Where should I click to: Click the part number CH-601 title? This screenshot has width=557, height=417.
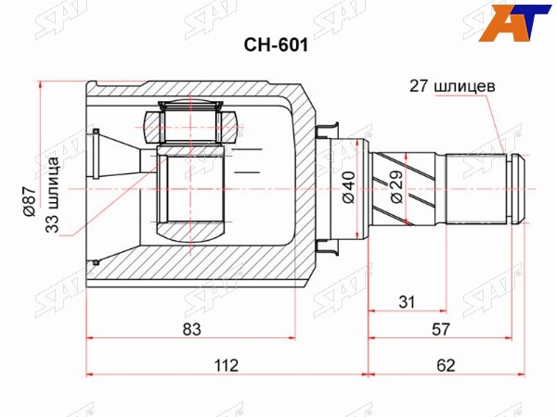pos(276,45)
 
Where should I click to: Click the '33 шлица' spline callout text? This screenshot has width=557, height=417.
pos(53,195)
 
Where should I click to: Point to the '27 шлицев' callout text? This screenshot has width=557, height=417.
pos(452,86)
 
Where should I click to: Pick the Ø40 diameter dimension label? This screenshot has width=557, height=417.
pos(349,187)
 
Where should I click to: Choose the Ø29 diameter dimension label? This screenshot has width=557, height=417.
pos(396,187)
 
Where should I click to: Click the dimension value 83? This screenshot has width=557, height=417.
pos(192,329)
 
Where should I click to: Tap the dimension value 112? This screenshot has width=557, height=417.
pos(227,365)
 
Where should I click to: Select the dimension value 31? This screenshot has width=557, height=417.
pos(407,302)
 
